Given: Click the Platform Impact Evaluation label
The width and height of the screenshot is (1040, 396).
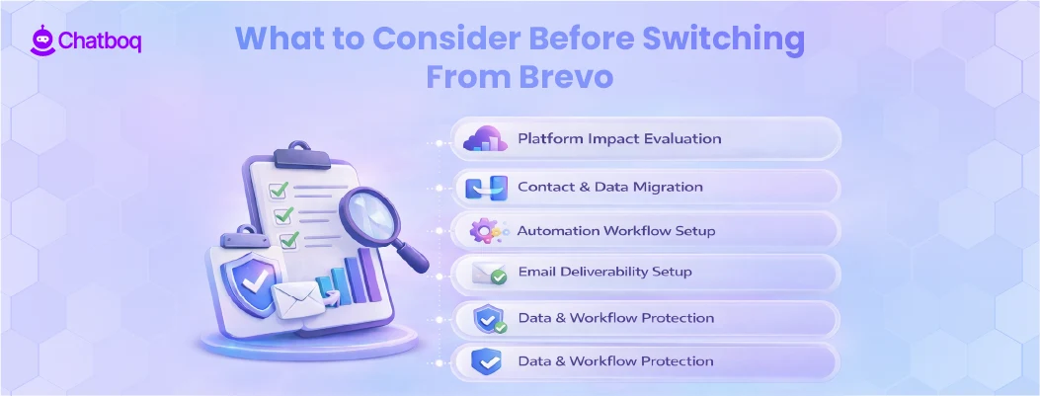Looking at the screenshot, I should click(x=619, y=138).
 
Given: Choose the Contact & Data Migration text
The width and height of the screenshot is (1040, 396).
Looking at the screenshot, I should click(x=610, y=186).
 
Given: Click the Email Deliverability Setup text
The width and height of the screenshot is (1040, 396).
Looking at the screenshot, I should click(x=604, y=272).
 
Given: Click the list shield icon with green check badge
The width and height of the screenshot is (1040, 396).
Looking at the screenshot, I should click(x=488, y=318).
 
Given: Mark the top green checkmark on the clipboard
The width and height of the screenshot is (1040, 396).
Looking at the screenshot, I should click(x=280, y=189).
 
